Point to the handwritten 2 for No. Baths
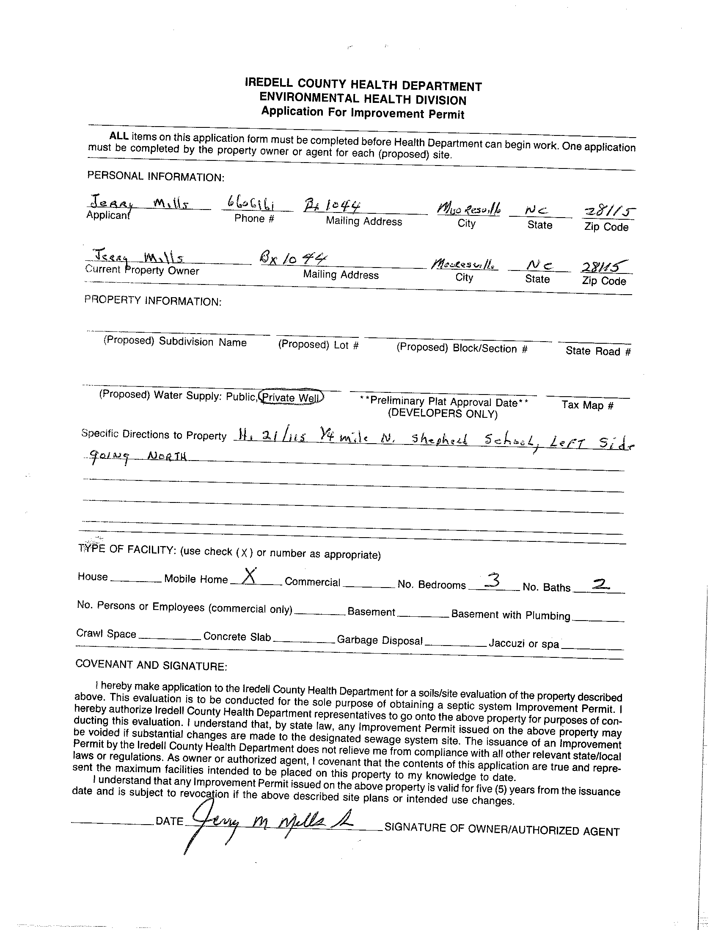(x=600, y=586)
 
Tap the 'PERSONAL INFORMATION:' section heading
(x=155, y=176)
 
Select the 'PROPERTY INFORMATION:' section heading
(x=153, y=301)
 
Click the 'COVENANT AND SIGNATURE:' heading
(x=151, y=665)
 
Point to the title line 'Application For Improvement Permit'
(x=363, y=113)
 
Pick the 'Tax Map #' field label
(x=587, y=405)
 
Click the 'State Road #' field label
(x=597, y=351)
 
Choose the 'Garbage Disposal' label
(x=380, y=640)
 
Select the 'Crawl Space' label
(x=106, y=634)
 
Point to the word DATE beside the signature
(x=169, y=821)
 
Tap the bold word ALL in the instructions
(x=119, y=136)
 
